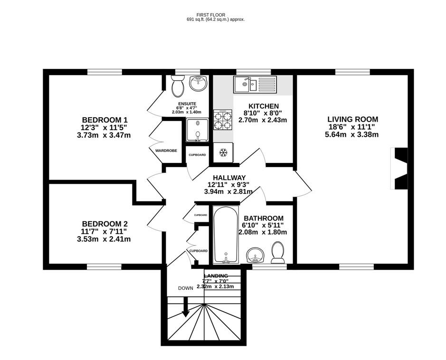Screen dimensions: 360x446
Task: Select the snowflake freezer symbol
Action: pos(222,152)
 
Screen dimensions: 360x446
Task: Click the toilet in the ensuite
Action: pos(178,86)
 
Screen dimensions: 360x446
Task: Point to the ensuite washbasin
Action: pos(198,84)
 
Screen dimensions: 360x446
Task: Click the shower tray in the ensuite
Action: pos(196,131)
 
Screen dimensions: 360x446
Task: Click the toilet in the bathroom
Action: pos(277,252)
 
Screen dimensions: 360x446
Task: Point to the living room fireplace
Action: pos(399,168)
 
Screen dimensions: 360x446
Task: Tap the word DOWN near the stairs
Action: pos(186,288)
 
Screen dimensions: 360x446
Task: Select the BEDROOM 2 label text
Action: pos(104,224)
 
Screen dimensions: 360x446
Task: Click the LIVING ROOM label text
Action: pos(353,119)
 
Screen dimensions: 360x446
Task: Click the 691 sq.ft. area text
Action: pos(215,19)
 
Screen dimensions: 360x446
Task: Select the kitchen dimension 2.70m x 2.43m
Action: pos(263,120)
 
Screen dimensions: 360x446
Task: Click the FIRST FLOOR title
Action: pos(216,14)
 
